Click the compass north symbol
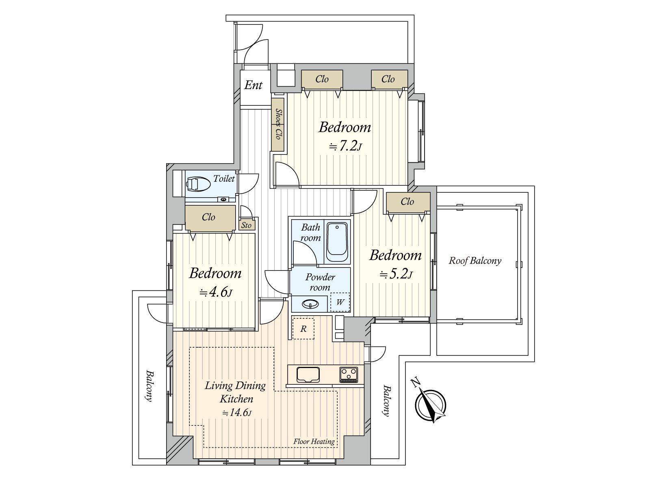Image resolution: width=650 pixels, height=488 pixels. pyautogui.click(x=430, y=405)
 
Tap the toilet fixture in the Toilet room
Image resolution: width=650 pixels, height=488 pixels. pyautogui.click(x=198, y=184)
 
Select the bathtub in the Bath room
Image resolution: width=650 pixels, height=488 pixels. pyautogui.click(x=337, y=242)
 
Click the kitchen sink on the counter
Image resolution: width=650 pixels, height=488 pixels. pyautogui.click(x=308, y=375)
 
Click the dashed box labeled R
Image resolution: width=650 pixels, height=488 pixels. pyautogui.click(x=303, y=329)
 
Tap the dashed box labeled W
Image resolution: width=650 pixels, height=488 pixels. pyautogui.click(x=340, y=302)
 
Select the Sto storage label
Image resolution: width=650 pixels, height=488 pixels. pyautogui.click(x=247, y=225)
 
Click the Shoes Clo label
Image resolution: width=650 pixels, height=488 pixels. pyautogui.click(x=278, y=124)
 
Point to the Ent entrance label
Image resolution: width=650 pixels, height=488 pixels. pyautogui.click(x=253, y=85)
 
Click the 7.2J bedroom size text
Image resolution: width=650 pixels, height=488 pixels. pyautogui.click(x=345, y=146)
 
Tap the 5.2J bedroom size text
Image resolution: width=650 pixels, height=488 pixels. pyautogui.click(x=396, y=274)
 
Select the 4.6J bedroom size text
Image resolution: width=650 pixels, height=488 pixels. pyautogui.click(x=215, y=292)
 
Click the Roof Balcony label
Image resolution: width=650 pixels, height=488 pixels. pyautogui.click(x=475, y=261)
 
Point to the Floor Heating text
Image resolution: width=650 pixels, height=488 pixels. pyautogui.click(x=314, y=441)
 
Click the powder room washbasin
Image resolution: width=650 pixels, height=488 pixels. pyautogui.click(x=311, y=304)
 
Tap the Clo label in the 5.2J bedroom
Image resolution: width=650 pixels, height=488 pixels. pyautogui.click(x=407, y=202)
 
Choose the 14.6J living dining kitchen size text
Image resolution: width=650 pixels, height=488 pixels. pyautogui.click(x=236, y=413)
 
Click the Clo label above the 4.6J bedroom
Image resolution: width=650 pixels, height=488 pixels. pyautogui.click(x=208, y=217)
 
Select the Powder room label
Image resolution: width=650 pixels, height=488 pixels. pyautogui.click(x=320, y=282)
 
